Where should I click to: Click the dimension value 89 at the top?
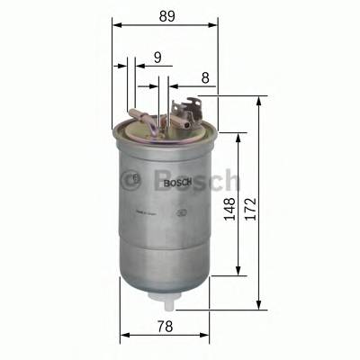(x=166, y=16)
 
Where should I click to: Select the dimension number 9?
(x=157, y=57)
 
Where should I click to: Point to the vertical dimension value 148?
(x=229, y=210)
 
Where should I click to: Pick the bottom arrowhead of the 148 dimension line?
(x=238, y=272)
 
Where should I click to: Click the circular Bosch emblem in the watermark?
(x=135, y=179)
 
